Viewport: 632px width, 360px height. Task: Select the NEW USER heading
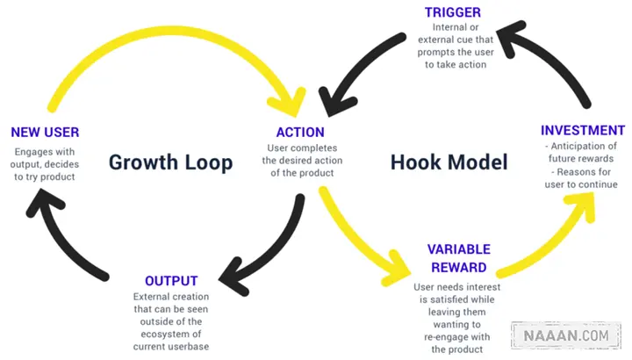pos(45,133)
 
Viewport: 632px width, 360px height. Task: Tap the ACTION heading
pos(300,133)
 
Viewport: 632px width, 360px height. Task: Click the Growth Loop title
pos(170,162)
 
